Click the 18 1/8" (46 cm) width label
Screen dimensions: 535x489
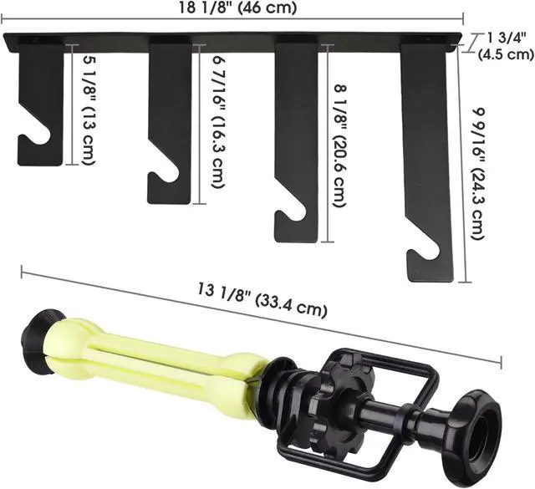237,8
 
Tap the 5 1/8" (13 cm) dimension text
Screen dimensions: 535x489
89,111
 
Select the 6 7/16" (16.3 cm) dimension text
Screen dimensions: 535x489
218,121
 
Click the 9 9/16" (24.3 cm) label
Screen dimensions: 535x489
478,173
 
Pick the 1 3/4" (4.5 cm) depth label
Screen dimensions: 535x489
505,46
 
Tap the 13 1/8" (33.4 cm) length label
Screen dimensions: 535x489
262,300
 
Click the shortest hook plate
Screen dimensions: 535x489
41,102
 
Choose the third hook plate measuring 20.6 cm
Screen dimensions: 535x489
297,140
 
